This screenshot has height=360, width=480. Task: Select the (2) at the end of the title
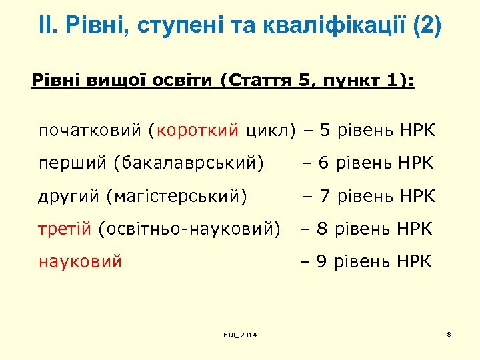point(427,27)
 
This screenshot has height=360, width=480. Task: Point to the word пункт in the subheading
point(351,81)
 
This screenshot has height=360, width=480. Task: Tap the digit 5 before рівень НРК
point(325,130)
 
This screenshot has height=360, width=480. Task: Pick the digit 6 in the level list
point(324,163)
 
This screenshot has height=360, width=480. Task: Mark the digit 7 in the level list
point(325,196)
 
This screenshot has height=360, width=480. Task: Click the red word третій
point(65,229)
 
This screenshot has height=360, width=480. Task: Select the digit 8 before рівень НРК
point(321,229)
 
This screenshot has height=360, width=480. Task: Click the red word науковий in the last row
point(80,261)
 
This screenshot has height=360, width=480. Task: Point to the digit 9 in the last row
point(321,261)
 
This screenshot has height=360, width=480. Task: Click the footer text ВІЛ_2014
point(240,334)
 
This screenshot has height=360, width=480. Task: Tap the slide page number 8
point(449,333)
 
